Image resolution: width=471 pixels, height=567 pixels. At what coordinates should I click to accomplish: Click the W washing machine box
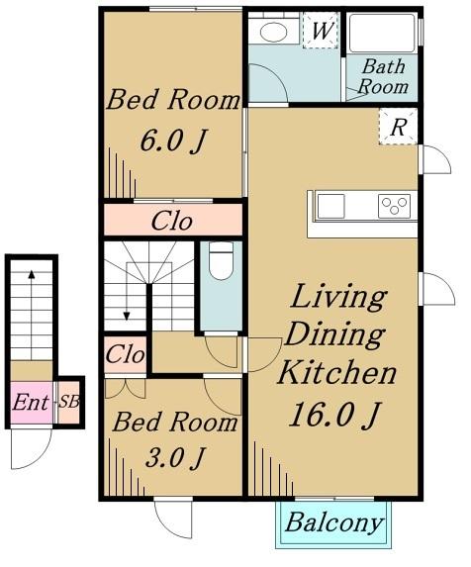(321, 31)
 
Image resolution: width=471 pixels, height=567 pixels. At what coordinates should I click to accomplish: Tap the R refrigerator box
(398, 127)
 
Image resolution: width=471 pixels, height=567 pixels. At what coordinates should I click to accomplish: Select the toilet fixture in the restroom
(222, 260)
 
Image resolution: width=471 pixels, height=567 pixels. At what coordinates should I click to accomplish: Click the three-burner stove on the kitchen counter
(395, 206)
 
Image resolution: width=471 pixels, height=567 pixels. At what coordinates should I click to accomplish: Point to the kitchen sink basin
(330, 206)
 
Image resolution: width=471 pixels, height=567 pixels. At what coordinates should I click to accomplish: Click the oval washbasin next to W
(274, 33)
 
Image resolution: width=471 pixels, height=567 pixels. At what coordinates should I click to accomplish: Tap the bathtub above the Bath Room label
(383, 34)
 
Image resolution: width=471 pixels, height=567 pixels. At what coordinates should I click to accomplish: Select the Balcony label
(334, 522)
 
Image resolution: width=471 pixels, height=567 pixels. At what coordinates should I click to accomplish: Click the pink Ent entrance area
(31, 402)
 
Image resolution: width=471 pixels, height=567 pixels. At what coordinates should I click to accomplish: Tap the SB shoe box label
(69, 402)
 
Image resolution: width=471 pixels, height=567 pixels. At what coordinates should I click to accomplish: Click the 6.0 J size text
(173, 141)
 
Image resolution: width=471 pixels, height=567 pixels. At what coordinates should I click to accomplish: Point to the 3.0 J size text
(175, 457)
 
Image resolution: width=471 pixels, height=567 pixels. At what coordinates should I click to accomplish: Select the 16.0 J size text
(334, 415)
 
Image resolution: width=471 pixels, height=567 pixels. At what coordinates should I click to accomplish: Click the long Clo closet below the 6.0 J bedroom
(173, 220)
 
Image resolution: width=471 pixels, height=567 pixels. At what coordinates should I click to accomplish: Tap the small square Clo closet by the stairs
(125, 354)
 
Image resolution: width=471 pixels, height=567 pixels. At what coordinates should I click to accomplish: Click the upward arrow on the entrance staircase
(32, 315)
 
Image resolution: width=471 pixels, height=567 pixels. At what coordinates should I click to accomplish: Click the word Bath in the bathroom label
(384, 66)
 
